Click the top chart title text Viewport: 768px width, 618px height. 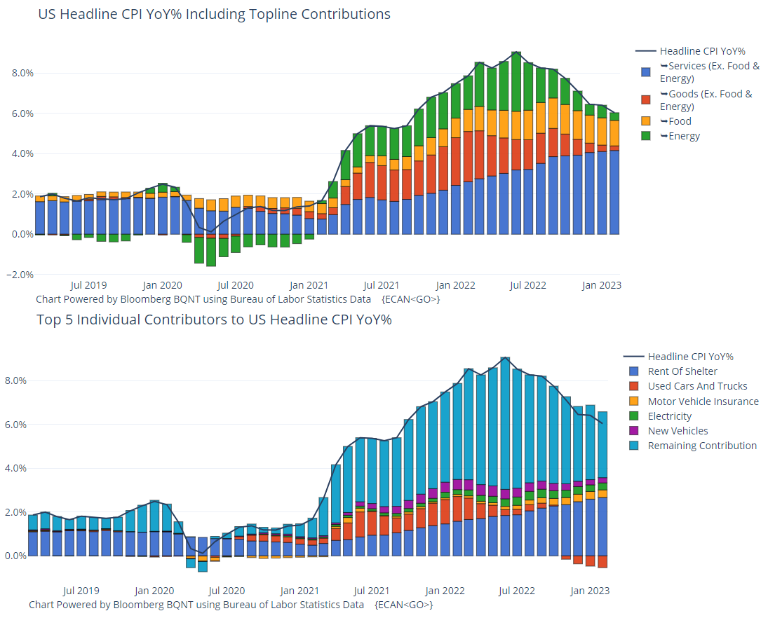[214, 14]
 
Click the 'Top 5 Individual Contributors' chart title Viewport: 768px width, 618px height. [214, 320]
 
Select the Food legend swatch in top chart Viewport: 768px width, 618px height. [646, 122]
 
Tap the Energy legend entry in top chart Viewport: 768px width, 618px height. [684, 136]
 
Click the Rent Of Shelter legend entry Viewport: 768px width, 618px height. [682, 371]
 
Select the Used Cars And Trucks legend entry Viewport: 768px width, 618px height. [697, 386]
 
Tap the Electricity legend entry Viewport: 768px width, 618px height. [669, 416]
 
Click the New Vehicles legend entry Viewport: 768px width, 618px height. [678, 431]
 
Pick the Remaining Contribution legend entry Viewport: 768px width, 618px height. [702, 446]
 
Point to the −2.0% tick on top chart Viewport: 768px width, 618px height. [19, 275]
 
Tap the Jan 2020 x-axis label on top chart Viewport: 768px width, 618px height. [162, 285]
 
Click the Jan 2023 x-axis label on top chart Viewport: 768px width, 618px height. [602, 285]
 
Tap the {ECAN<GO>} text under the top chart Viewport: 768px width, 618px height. [411, 299]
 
